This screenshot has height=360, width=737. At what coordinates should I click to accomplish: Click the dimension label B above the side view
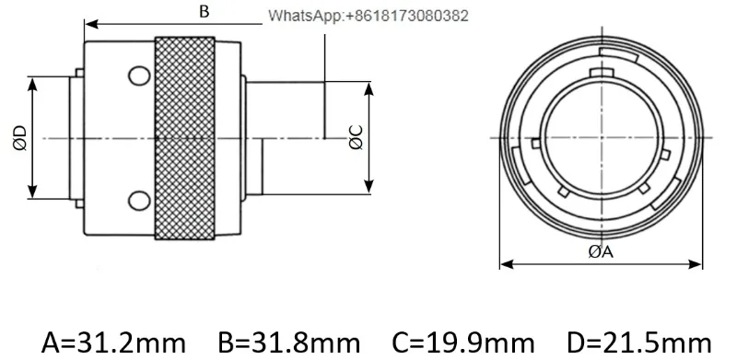(204, 11)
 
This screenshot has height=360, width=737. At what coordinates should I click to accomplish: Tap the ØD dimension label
(20, 138)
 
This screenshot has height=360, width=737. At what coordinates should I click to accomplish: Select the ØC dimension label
(357, 137)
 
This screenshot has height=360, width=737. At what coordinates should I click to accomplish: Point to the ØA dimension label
(602, 252)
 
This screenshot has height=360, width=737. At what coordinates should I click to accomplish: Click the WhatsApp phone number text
(368, 16)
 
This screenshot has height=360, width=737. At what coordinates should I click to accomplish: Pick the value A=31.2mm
(113, 343)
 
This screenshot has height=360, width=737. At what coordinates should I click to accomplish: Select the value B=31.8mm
(289, 343)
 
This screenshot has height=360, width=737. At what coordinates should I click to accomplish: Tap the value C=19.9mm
(463, 343)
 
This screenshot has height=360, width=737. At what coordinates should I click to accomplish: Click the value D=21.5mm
(639, 343)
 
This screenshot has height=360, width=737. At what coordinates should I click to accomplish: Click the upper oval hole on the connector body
(140, 76)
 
